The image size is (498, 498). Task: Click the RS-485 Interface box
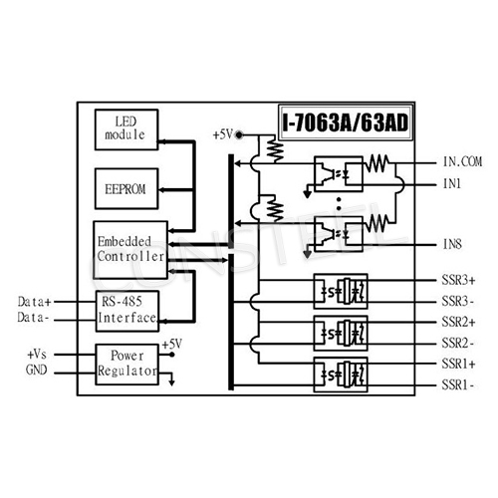pos(126,310)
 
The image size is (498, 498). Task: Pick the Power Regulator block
pos(126,366)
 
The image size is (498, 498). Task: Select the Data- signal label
pos(40,320)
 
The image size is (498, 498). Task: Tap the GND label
pos(37,371)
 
